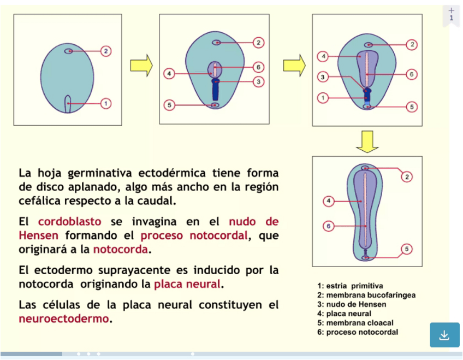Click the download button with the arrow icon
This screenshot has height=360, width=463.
[x=444, y=335]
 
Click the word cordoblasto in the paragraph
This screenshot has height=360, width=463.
[x=69, y=222]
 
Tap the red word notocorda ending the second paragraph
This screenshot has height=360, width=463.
[x=120, y=250]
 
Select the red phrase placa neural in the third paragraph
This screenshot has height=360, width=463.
[x=187, y=284]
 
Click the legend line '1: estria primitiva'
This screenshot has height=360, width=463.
[x=350, y=286]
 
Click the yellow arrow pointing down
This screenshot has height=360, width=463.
[x=367, y=142]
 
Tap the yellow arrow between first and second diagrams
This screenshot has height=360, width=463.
[x=141, y=66]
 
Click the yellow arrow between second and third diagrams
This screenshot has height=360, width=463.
[x=294, y=66]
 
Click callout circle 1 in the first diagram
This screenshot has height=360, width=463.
[x=106, y=103]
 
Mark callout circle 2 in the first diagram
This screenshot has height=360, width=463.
[x=106, y=51]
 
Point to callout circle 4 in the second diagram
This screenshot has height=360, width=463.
[x=169, y=73]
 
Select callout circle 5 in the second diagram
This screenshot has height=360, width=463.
[x=169, y=104]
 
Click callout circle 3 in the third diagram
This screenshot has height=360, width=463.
[x=323, y=77]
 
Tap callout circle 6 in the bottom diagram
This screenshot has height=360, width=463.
[x=328, y=226]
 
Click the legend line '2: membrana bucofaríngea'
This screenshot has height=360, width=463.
[x=366, y=295]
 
